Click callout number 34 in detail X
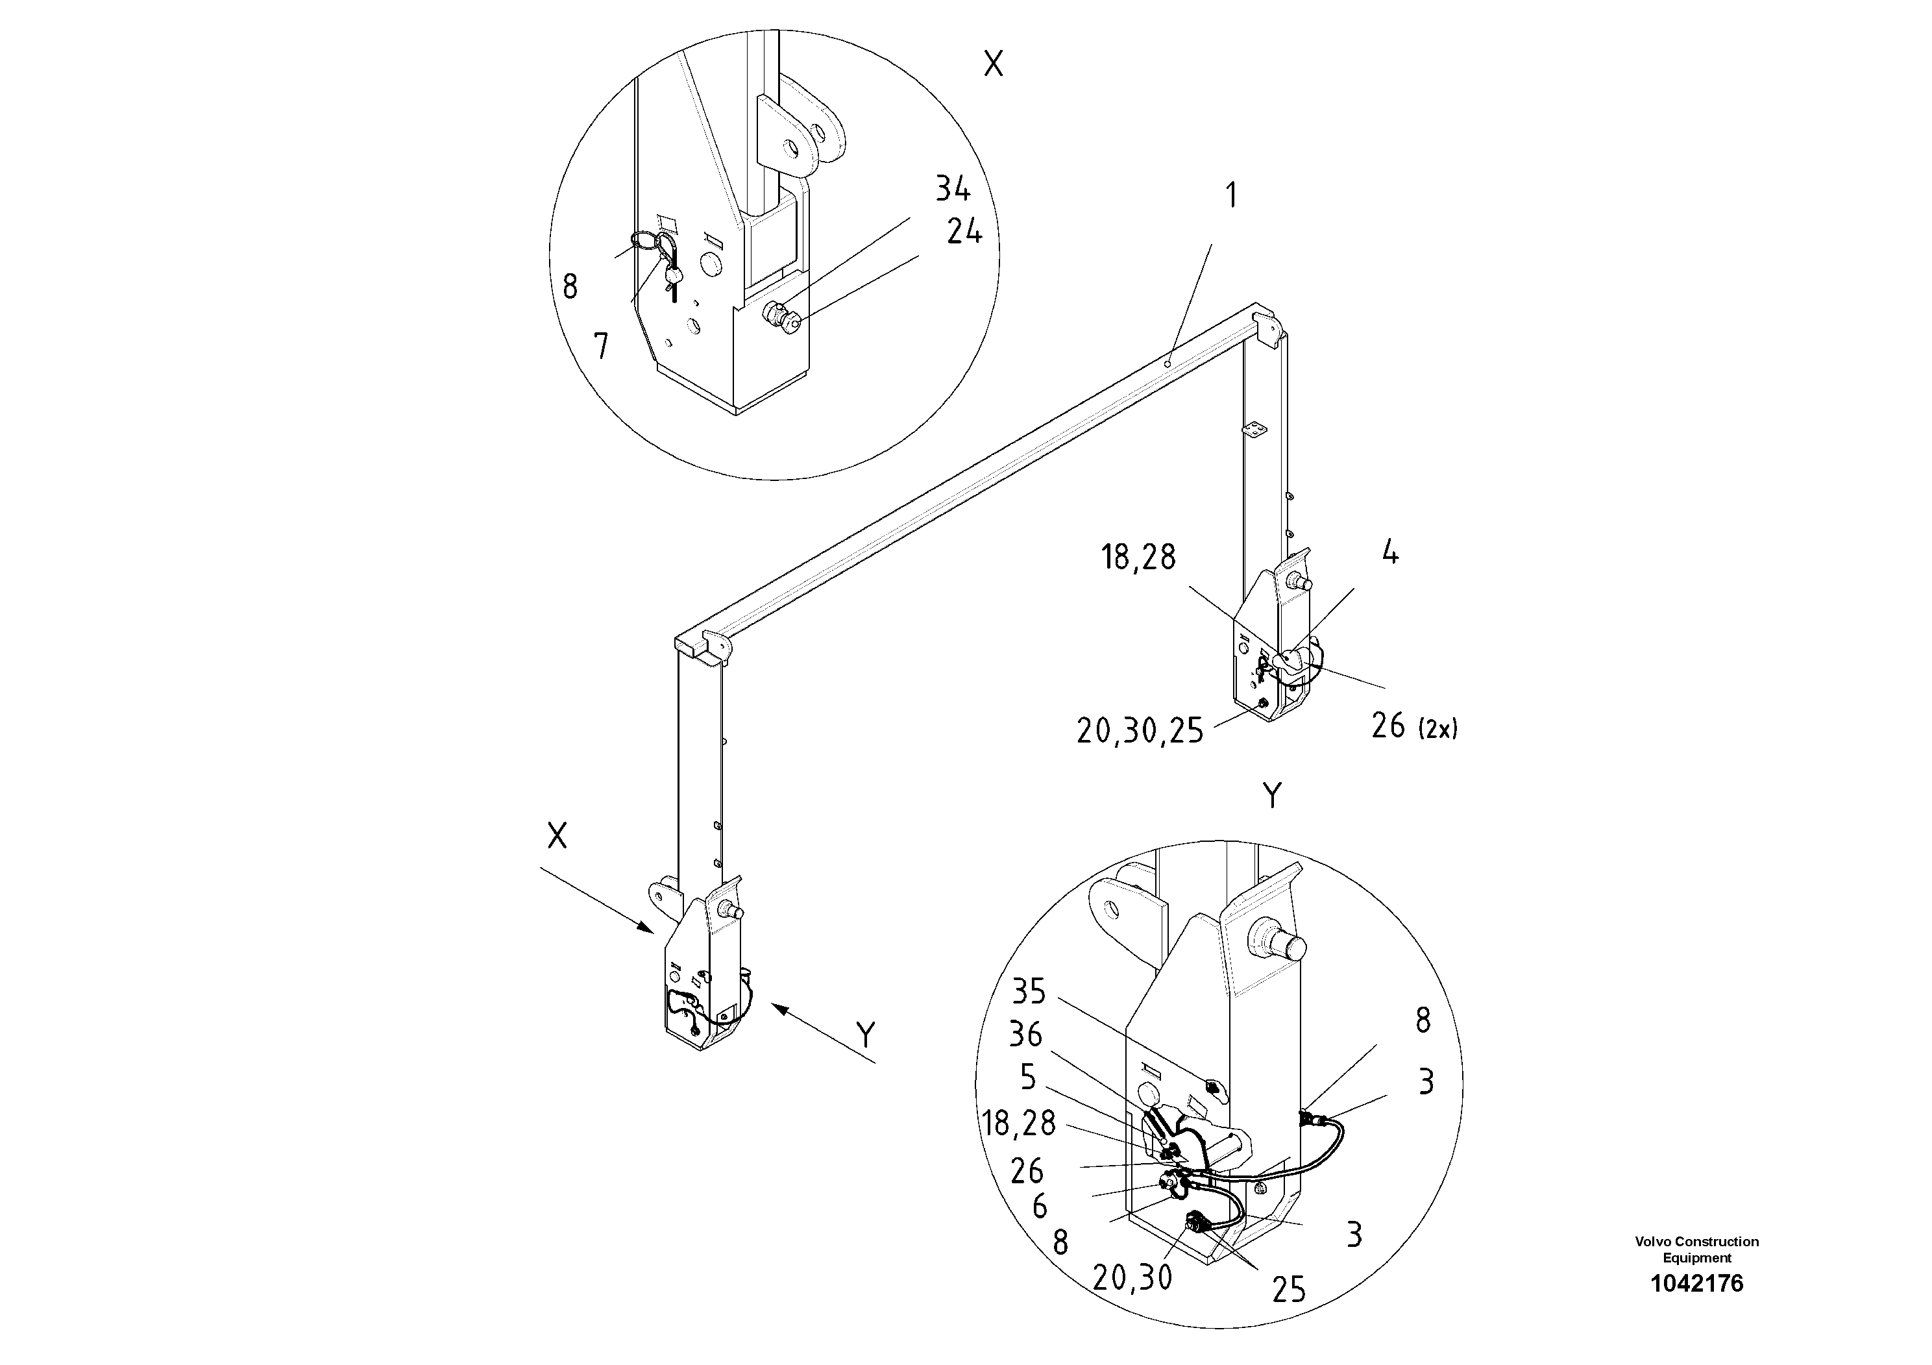(x=953, y=190)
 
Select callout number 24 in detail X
(x=964, y=232)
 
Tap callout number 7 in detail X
(x=601, y=346)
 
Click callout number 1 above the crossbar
(x=1232, y=195)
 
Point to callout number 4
(x=1390, y=553)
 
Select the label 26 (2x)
(x=1413, y=726)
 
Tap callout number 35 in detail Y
(x=1028, y=992)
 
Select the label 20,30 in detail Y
(x=1132, y=1277)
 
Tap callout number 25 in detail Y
(x=1288, y=1289)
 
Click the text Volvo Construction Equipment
(x=1696, y=1249)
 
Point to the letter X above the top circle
(x=994, y=63)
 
